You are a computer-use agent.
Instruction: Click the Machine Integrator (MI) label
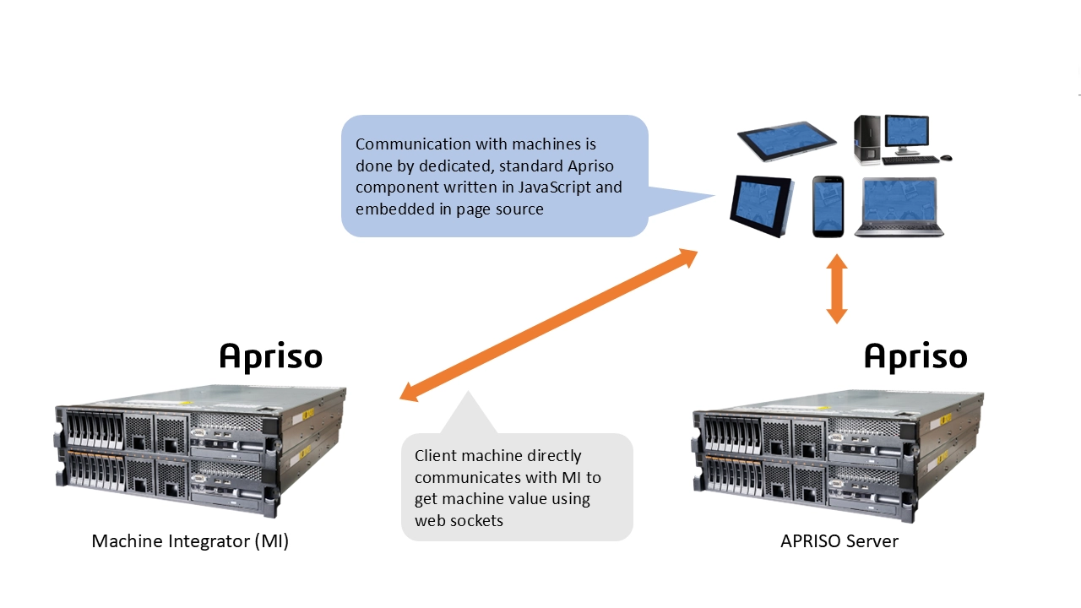[190, 541]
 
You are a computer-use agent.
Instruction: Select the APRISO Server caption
[839, 541]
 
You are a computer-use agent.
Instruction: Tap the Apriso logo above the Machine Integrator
[270, 356]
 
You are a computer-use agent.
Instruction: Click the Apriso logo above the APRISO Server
[915, 356]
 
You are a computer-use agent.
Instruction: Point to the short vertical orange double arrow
[836, 290]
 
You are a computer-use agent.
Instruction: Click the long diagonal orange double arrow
[549, 325]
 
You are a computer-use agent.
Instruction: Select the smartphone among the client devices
[828, 206]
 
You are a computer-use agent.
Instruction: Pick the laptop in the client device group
[899, 207]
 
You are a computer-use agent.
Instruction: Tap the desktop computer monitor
[905, 132]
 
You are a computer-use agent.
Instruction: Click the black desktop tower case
[867, 139]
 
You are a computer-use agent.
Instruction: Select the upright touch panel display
[761, 205]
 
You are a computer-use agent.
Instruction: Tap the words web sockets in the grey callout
[459, 520]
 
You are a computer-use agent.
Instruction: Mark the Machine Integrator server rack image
[201, 450]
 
